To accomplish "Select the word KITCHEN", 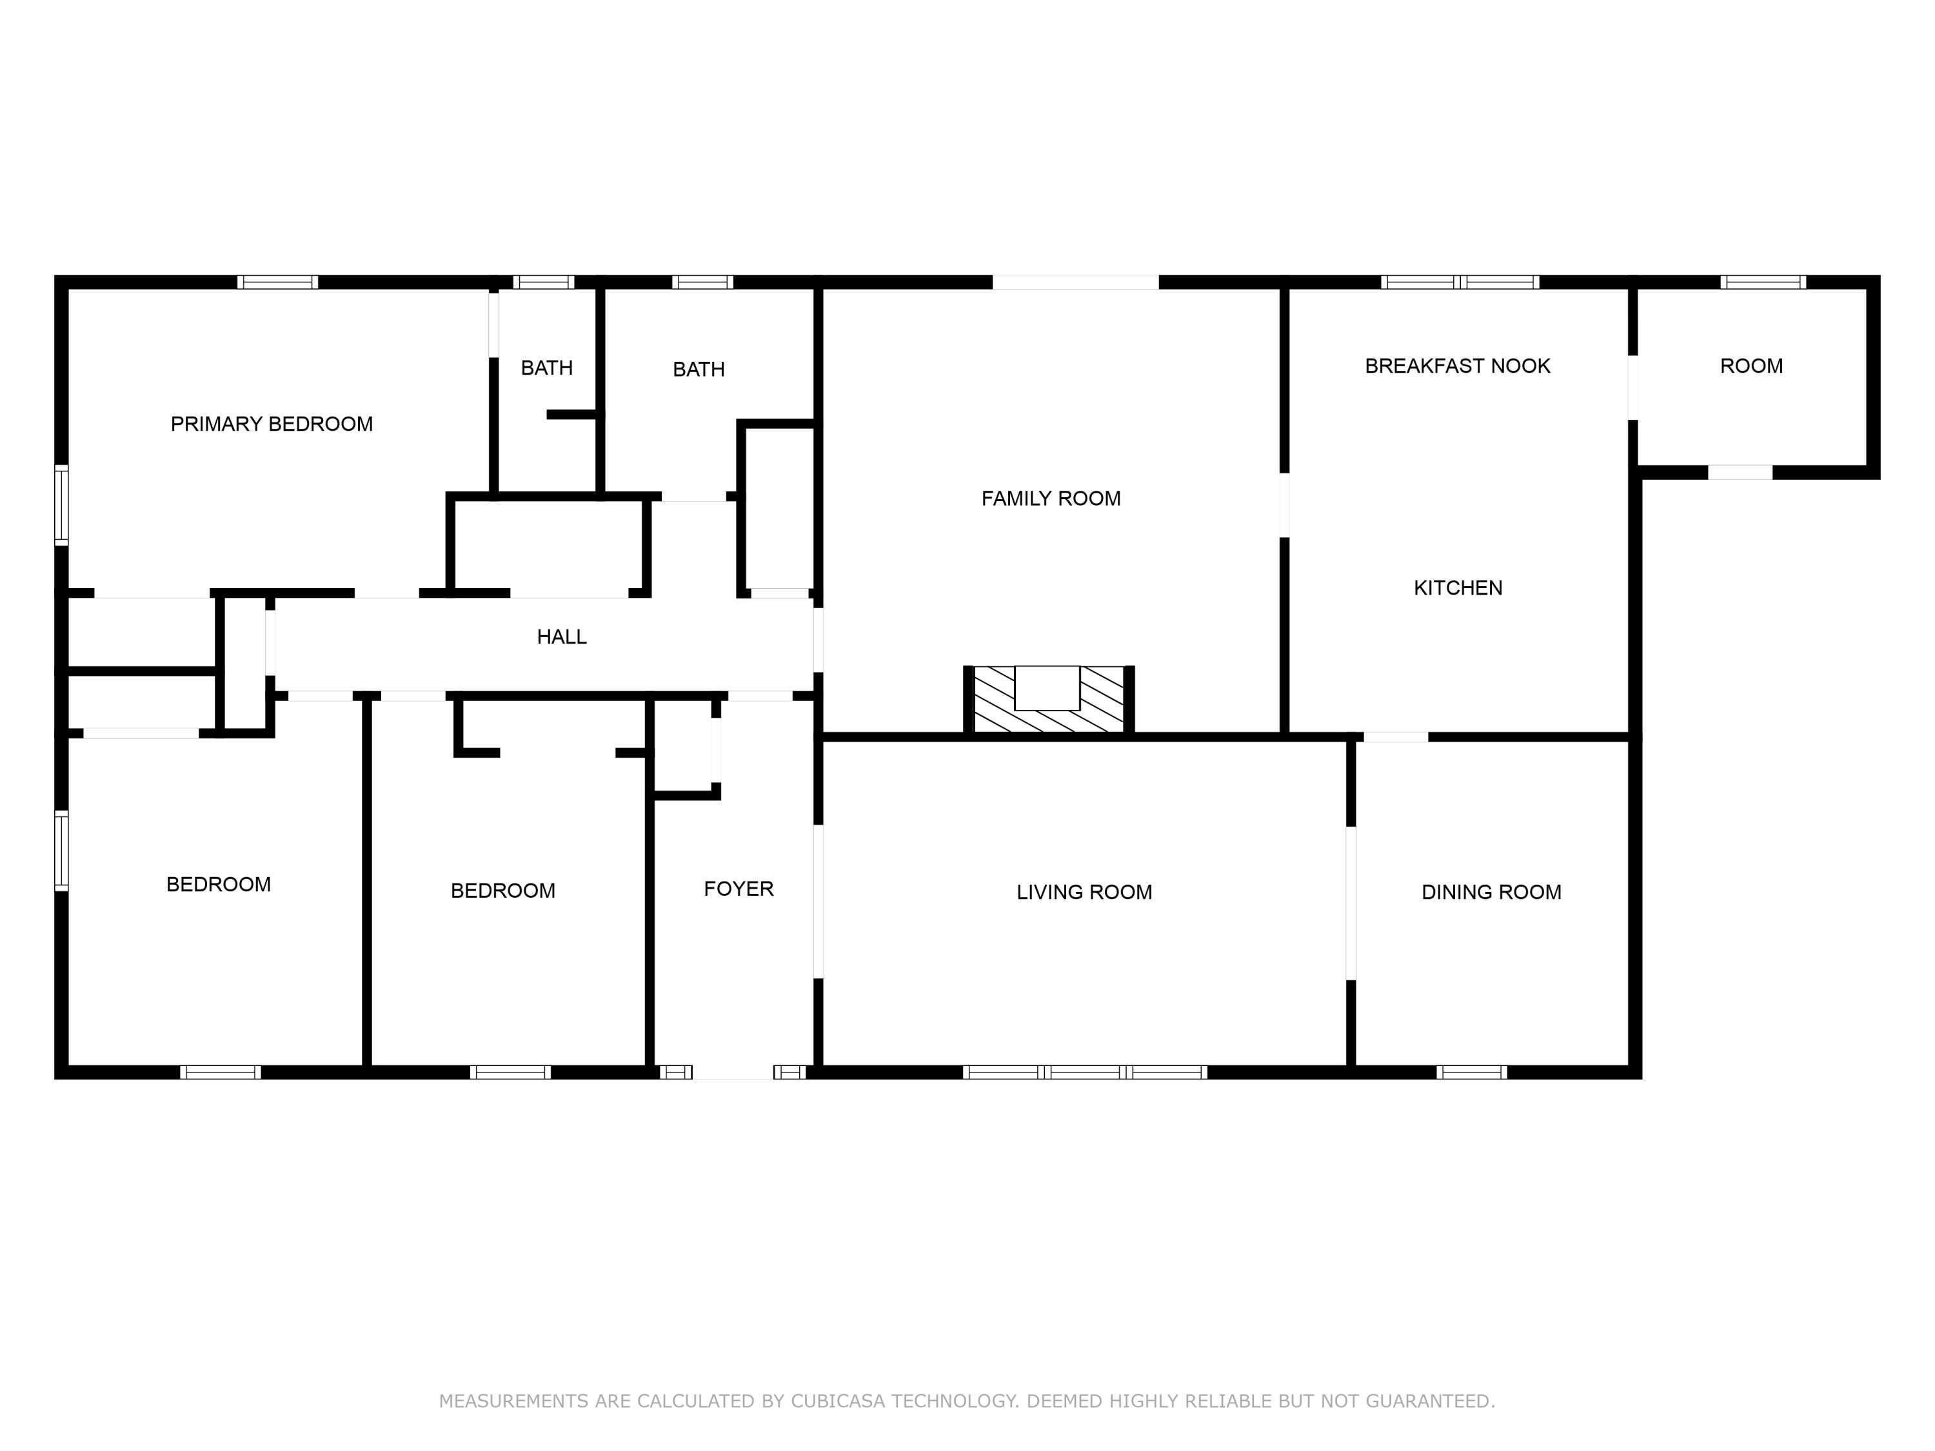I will coord(1457,587).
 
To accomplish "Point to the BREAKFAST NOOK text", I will coord(1456,366).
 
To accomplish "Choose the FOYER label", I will coord(739,889).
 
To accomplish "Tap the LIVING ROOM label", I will coord(1083,892).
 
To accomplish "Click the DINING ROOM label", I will coord(1491,892).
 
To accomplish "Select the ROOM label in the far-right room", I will coord(1751,366).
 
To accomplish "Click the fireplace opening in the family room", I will coord(1047,687).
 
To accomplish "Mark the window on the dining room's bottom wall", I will coord(1471,1071).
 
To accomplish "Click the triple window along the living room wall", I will coord(1085,1071).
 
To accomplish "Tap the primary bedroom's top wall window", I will coord(277,282).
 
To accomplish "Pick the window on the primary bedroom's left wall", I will coord(61,505).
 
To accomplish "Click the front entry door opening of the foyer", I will coord(733,1071).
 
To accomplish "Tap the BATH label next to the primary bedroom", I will coord(547,368).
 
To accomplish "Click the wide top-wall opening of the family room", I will coord(1075,282).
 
